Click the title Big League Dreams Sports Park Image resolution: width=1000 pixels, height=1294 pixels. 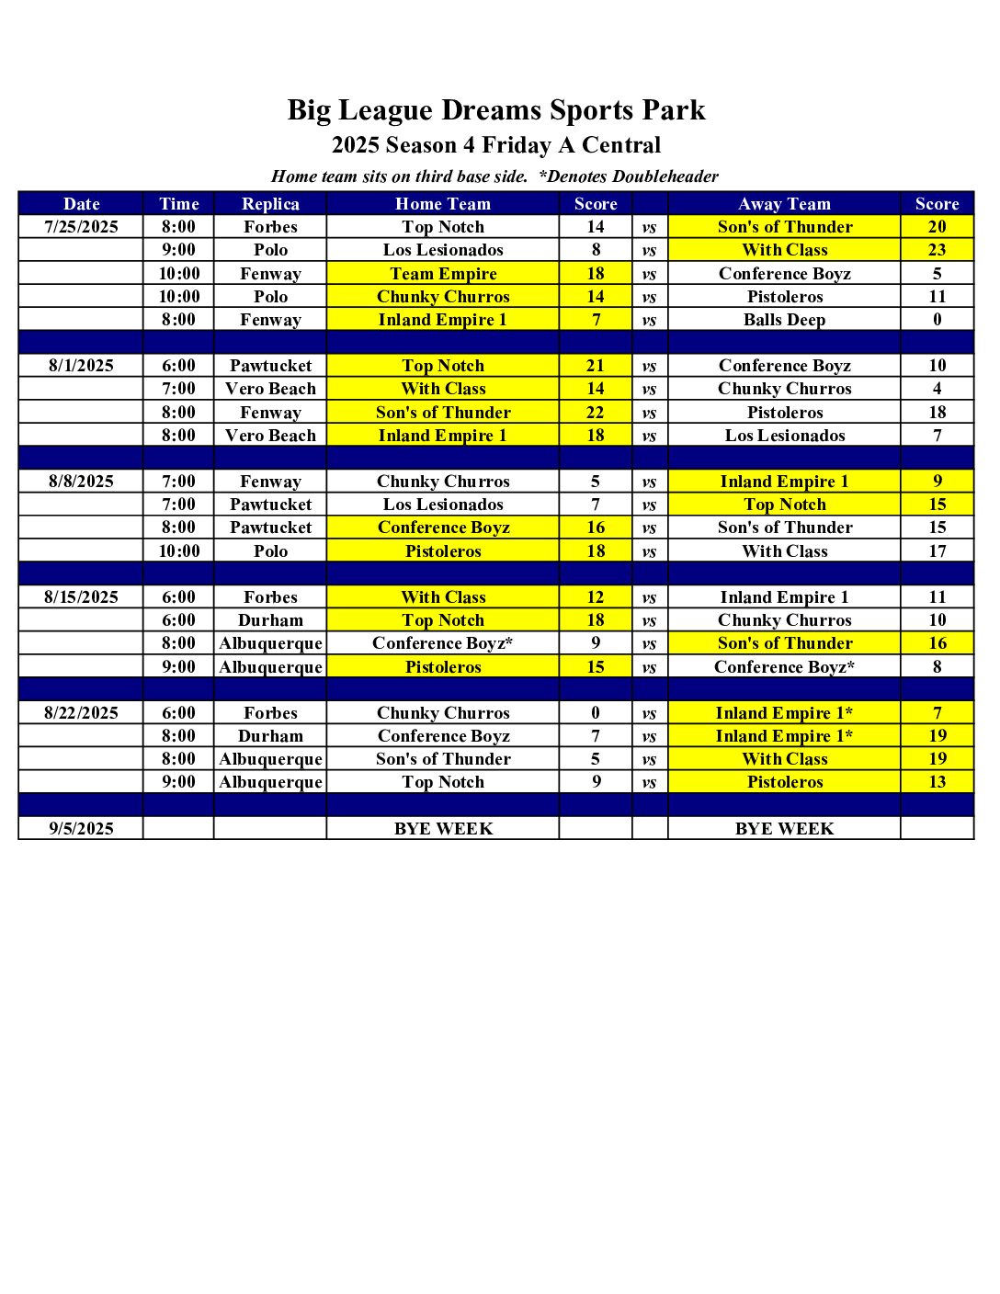[496, 110]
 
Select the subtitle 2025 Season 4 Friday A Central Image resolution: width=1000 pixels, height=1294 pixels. [496, 145]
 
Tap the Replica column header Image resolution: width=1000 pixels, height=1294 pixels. [270, 204]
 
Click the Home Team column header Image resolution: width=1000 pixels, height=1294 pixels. [443, 204]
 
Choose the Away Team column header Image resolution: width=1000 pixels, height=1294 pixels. [784, 204]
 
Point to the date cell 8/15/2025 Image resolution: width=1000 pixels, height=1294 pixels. [81, 597]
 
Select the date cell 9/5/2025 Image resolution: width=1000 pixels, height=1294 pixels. [81, 829]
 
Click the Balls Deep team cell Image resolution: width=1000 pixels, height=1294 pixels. [784, 320]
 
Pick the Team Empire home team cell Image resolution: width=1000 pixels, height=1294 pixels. [443, 274]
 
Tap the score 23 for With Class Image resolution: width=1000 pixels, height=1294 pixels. [937, 250]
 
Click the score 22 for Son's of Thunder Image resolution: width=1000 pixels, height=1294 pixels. [596, 413]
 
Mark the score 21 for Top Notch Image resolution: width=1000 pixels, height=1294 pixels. [596, 366]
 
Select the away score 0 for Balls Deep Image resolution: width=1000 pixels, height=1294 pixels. [937, 320]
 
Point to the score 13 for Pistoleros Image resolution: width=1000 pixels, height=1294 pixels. [937, 782]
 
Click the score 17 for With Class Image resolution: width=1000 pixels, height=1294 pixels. [937, 551]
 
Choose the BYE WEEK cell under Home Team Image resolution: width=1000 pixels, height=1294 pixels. [443, 829]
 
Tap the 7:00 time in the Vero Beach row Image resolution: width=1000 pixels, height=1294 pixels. [178, 389]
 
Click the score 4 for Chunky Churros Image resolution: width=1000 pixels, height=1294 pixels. [937, 389]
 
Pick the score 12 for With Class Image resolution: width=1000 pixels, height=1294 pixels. [596, 597]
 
